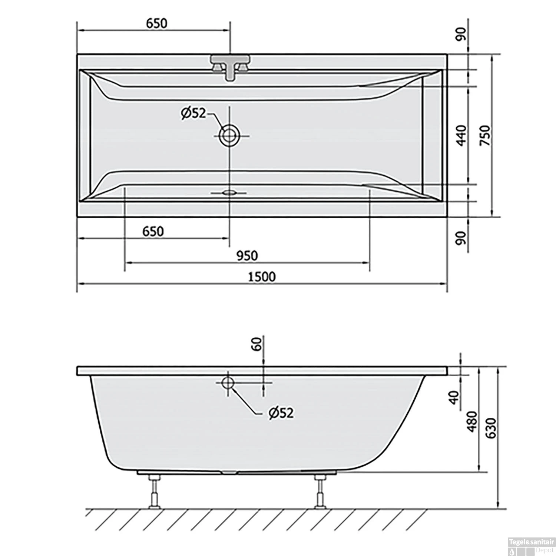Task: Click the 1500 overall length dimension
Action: pyautogui.click(x=262, y=277)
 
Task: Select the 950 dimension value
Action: pyautogui.click(x=247, y=256)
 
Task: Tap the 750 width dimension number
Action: pyautogui.click(x=485, y=135)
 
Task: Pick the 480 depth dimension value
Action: pyautogui.click(x=471, y=421)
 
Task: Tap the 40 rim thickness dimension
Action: pyautogui.click(x=455, y=397)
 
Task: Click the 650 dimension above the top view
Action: pyautogui.click(x=156, y=23)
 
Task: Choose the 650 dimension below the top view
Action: pyautogui.click(x=153, y=232)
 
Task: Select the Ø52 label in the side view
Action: pyautogui.click(x=281, y=413)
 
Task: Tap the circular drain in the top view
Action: pyautogui.click(x=229, y=136)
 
